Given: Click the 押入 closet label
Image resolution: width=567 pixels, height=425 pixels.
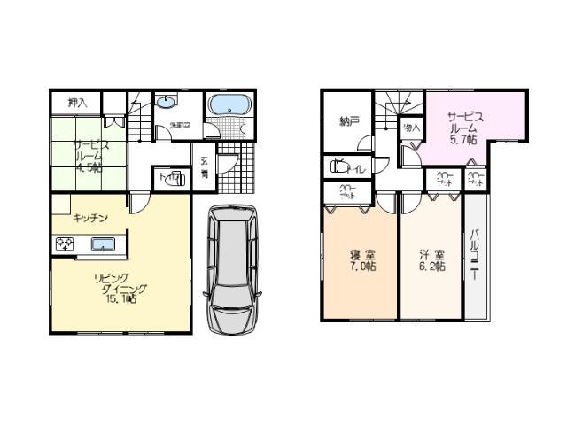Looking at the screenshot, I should point(77,103).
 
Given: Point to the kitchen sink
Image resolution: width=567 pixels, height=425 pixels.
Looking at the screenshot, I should point(104,245).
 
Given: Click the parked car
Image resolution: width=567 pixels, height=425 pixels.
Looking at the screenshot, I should point(231,268).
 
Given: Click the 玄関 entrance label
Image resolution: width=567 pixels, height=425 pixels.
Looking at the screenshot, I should point(204,167).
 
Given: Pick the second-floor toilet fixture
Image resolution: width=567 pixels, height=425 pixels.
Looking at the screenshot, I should point(338,166).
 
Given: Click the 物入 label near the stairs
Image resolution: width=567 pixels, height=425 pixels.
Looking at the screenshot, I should point(410,128).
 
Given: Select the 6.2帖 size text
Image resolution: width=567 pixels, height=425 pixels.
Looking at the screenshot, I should point(432,266).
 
